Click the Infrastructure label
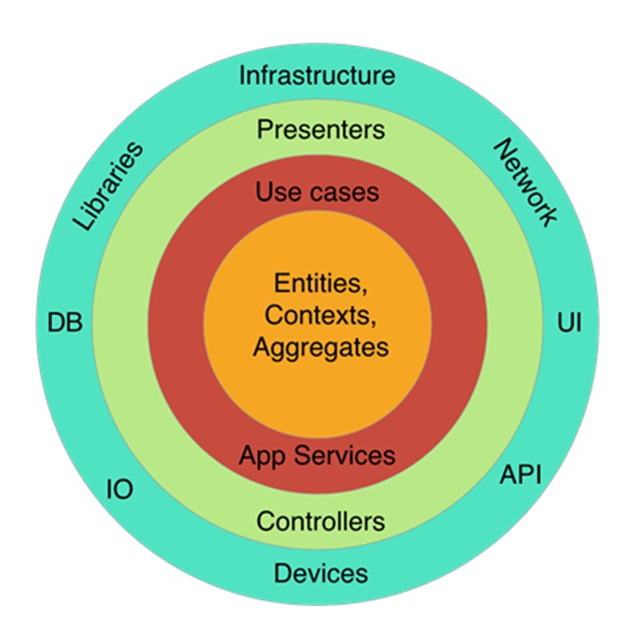(317, 75)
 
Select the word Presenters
(320, 131)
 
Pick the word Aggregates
(320, 347)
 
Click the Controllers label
(320, 520)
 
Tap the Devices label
(320, 572)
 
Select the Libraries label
(108, 186)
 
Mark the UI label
(569, 322)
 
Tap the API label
(519, 475)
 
